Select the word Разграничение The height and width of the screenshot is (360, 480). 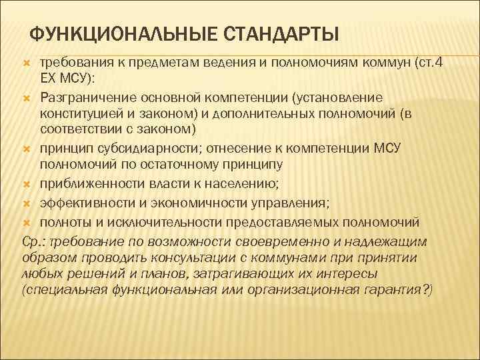click(x=84, y=98)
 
